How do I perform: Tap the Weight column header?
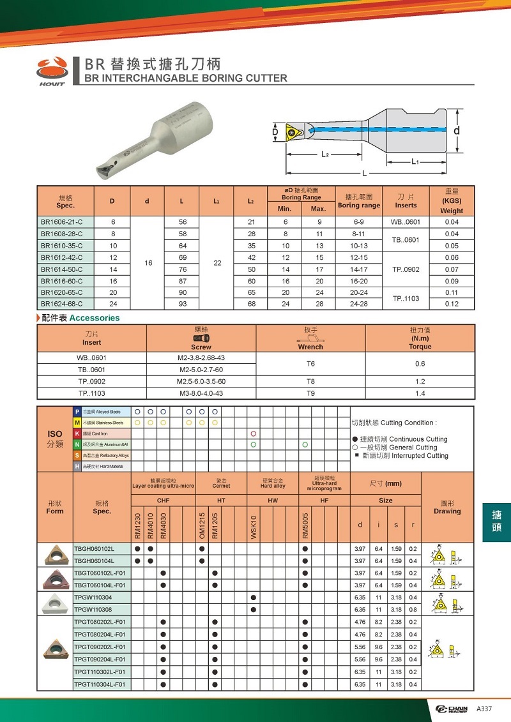tap(452, 211)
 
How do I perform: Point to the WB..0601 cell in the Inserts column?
tap(406, 222)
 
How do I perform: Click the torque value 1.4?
tap(420, 393)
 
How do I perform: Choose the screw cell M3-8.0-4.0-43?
tap(201, 393)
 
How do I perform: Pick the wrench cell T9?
tap(310, 393)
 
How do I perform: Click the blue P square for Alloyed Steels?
tap(78, 412)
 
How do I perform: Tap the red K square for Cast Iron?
tap(78, 433)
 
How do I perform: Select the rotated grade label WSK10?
tap(254, 527)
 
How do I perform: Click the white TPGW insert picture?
tap(54, 603)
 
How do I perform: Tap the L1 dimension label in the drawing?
tap(415, 162)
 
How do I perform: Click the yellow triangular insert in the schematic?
tap(294, 133)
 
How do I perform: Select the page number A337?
tap(485, 709)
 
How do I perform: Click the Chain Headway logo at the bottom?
tap(452, 709)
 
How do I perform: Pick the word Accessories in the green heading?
tap(95, 318)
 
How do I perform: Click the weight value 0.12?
tap(452, 304)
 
